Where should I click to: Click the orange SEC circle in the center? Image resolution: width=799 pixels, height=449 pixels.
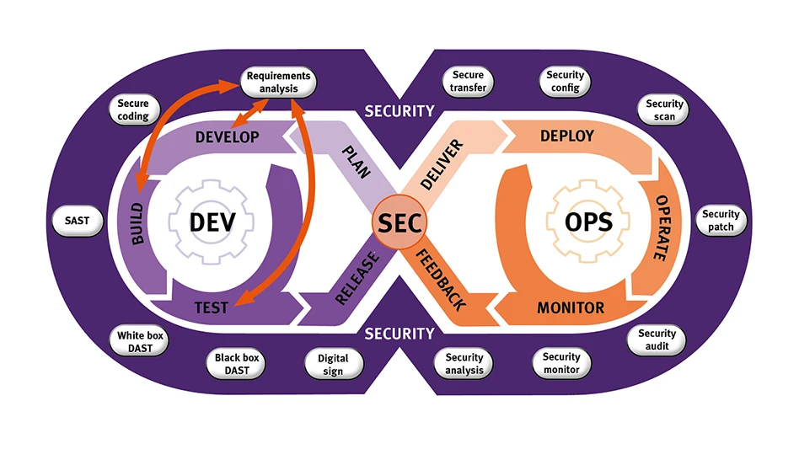pos(399,223)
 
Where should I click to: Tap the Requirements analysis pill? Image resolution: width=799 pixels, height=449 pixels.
pos(278,83)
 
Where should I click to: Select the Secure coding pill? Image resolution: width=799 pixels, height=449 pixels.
pos(133,110)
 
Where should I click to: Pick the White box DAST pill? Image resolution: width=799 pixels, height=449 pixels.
pos(141,341)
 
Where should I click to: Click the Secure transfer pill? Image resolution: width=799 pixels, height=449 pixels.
pos(469,82)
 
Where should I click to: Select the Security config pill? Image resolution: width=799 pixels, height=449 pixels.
pos(565,82)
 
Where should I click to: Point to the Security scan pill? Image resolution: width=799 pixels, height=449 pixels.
pos(664,110)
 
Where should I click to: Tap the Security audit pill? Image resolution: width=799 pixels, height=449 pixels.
pos(657,339)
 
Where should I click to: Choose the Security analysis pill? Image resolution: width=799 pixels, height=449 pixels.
pos(464,364)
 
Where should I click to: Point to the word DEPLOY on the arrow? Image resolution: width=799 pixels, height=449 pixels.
pos(566,136)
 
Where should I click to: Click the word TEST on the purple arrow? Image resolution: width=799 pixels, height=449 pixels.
pos(211,307)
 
